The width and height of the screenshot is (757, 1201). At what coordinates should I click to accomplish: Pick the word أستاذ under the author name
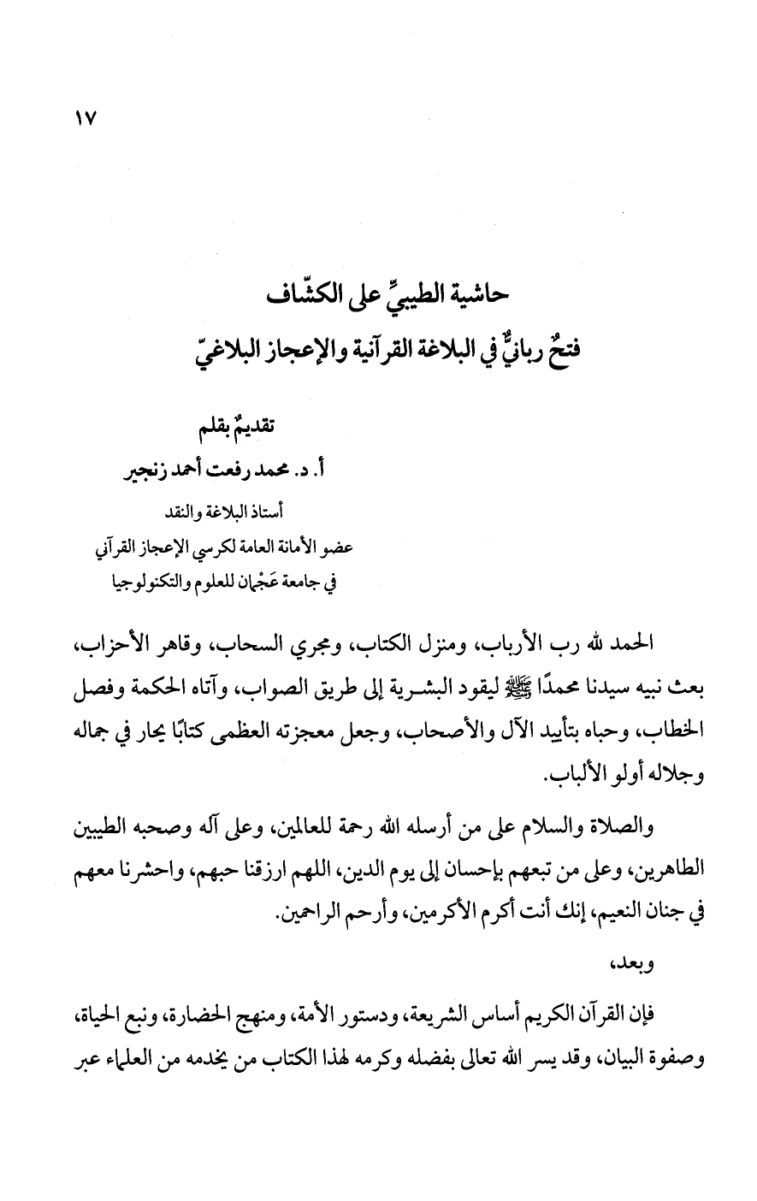tap(263, 512)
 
